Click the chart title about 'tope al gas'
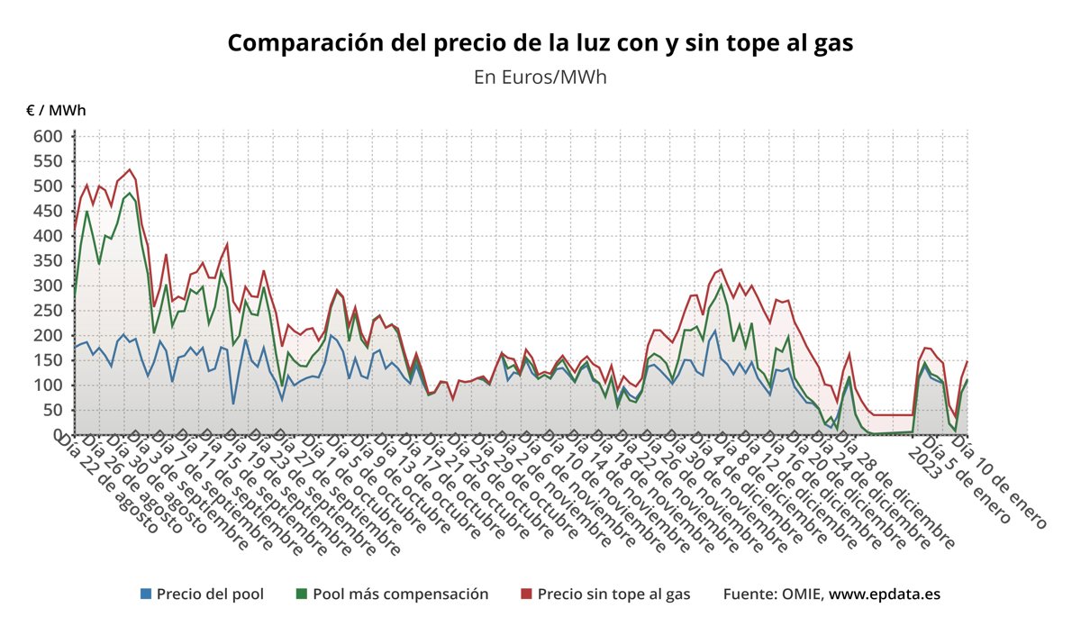tap(540, 42)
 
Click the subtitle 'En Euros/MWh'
tap(540, 77)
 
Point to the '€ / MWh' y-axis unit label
tap(56, 111)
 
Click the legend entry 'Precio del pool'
tap(210, 594)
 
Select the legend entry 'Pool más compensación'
tap(400, 594)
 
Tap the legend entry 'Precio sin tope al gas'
tap(613, 594)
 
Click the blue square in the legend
tap(146, 594)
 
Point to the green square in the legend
tap(302, 594)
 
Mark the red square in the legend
tap(527, 594)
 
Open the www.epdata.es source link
tap(886, 594)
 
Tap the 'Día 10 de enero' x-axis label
tap(1001, 483)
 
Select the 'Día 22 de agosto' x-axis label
tap(107, 485)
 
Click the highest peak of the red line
tap(130, 169)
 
